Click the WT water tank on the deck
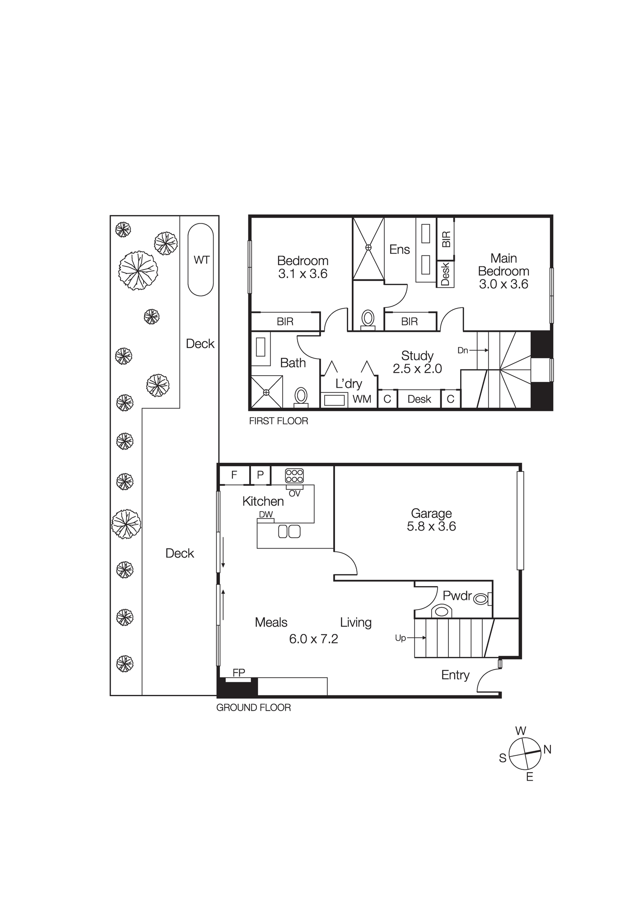[200, 260]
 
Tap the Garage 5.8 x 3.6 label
[431, 520]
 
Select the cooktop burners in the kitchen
[294, 476]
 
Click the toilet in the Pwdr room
[482, 599]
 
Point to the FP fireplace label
[239, 673]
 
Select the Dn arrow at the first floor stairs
[473, 350]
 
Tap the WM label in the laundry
[362, 399]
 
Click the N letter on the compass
[547, 750]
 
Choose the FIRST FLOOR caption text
[279, 421]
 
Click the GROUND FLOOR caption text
[253, 708]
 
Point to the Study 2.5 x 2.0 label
[417, 362]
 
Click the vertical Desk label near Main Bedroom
[445, 274]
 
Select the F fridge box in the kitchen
[234, 475]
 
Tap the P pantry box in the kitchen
[260, 475]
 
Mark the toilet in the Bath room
[301, 396]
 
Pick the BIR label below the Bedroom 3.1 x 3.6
[285, 321]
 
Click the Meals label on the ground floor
[271, 623]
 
